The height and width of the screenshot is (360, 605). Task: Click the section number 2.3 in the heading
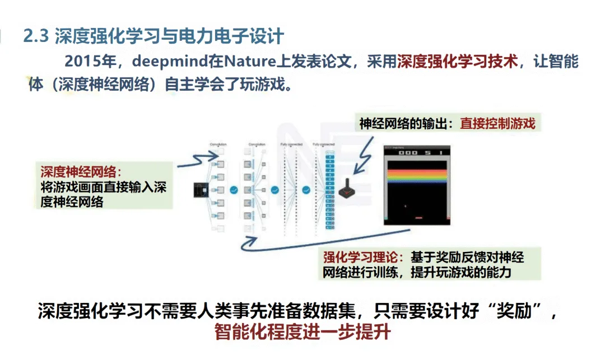pyautogui.click(x=37, y=37)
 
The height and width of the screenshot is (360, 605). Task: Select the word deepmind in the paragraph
pyautogui.click(x=151, y=61)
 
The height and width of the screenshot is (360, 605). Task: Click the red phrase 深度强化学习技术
pyautogui.click(x=458, y=61)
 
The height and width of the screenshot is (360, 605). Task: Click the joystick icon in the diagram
pyautogui.click(x=346, y=189)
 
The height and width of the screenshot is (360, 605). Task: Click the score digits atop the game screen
pyautogui.click(x=417, y=152)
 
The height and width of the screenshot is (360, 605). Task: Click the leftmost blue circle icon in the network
pyautogui.click(x=234, y=190)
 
